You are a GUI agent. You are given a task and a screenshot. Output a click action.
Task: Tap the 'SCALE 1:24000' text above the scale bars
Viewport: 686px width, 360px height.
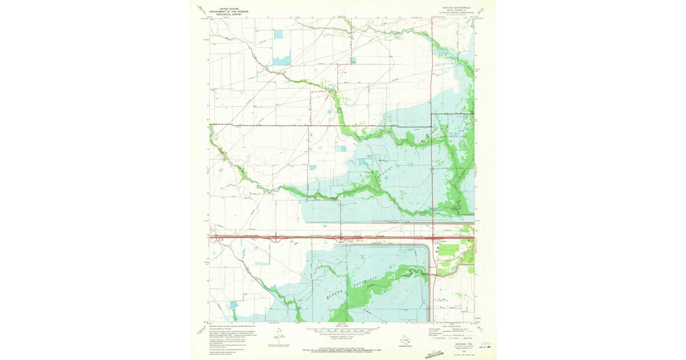343,326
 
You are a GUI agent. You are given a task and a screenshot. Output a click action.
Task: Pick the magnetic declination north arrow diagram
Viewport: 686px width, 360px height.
278,334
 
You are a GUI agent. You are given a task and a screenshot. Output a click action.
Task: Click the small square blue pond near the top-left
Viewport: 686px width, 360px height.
278,34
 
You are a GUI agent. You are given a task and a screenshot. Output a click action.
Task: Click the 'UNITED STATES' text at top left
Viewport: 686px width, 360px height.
226,9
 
